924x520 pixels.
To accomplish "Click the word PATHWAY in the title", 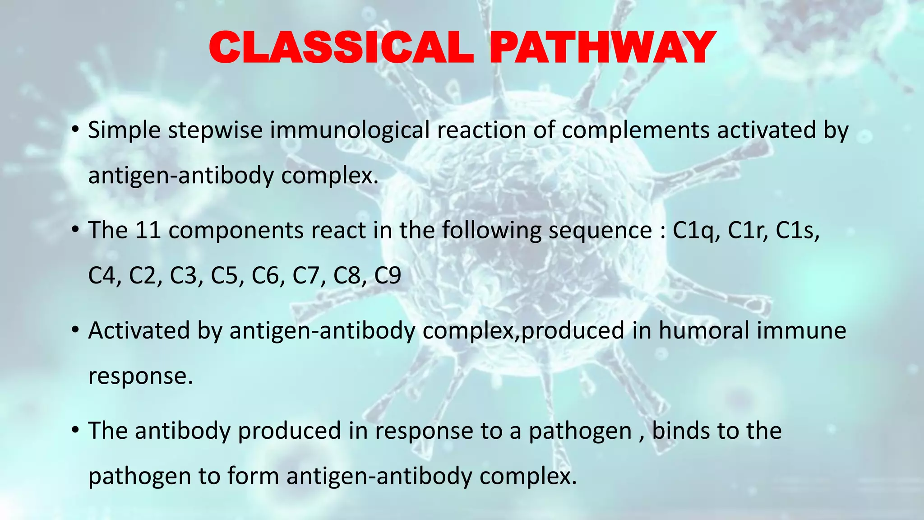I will click(603, 47).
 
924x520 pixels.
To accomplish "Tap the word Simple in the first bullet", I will click(124, 131).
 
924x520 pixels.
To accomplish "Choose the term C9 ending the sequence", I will click(388, 276).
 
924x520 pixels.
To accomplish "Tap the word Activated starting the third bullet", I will click(139, 330).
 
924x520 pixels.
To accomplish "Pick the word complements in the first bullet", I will click(636, 131).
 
